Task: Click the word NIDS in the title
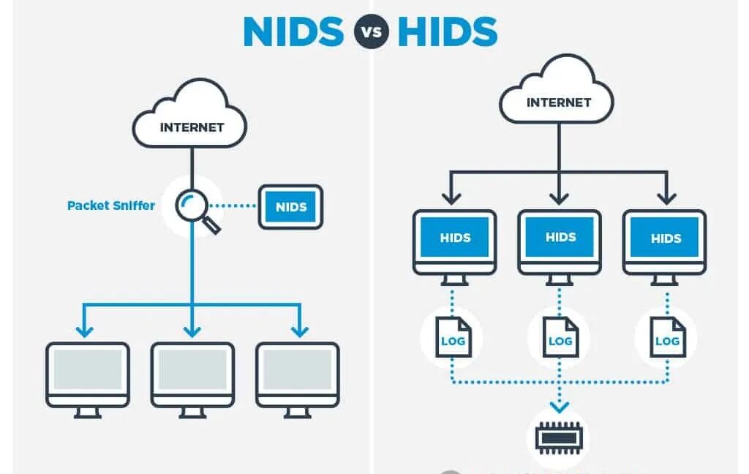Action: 293,31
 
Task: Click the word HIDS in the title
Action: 447,31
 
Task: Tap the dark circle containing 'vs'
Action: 370,32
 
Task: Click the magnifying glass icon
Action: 196,208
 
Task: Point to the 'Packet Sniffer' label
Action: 111,206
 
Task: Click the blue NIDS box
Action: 290,206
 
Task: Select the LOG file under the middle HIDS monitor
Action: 560,337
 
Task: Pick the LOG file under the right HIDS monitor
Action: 667,337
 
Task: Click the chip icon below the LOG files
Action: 560,437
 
